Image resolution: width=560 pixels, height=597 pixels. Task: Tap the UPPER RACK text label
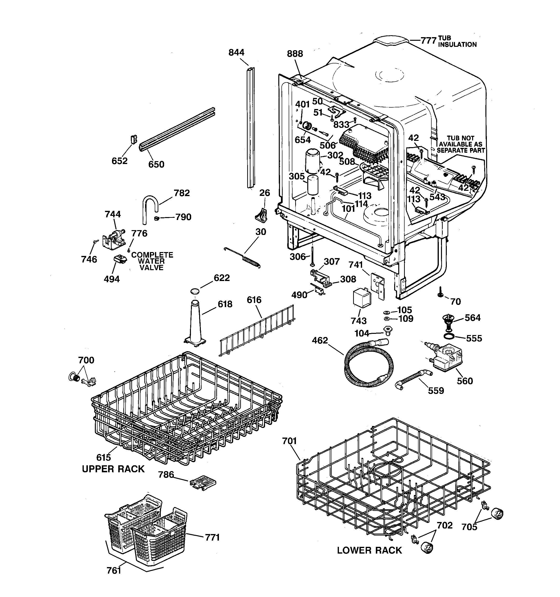(113, 469)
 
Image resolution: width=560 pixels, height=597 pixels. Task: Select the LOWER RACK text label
(369, 550)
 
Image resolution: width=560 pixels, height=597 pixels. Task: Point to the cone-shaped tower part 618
(195, 323)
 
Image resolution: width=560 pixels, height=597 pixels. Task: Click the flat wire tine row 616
(257, 330)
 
